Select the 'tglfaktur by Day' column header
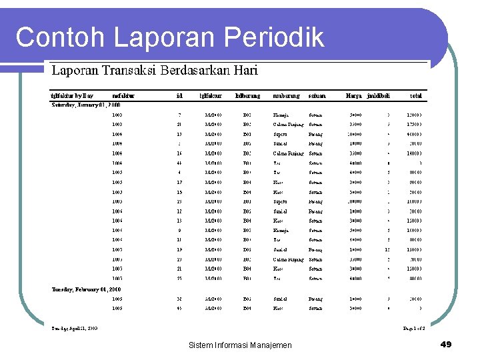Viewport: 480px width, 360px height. click(x=73, y=96)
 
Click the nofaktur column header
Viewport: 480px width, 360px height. click(x=123, y=96)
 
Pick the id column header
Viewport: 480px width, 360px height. click(x=179, y=96)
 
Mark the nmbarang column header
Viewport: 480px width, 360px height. click(x=286, y=96)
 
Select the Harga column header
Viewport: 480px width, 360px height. click(x=354, y=96)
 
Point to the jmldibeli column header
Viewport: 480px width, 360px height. click(x=379, y=96)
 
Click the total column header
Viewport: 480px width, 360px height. click(x=416, y=96)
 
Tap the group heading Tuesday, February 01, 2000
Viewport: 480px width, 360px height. click(x=87, y=289)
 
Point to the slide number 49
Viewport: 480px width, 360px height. click(x=446, y=345)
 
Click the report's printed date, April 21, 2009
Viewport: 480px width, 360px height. click(x=75, y=328)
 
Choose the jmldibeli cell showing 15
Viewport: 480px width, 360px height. click(x=387, y=249)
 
